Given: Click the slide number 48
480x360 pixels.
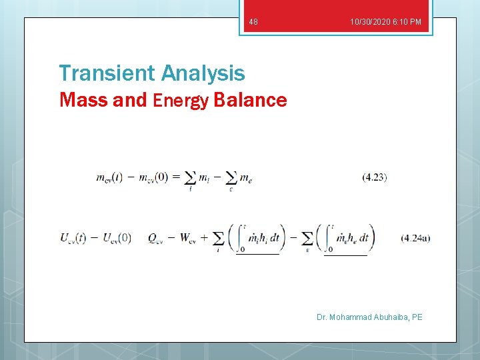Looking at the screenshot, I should [x=253, y=23].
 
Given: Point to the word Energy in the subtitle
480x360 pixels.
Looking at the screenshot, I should [x=181, y=101].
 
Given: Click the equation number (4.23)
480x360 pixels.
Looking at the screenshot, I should [x=375, y=177].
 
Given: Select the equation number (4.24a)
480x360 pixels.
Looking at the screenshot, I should [x=415, y=237].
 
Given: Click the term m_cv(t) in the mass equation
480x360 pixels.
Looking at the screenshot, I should [x=109, y=177].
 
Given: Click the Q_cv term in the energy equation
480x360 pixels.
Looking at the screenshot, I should [x=158, y=238].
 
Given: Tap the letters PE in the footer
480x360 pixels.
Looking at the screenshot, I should [x=417, y=317].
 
